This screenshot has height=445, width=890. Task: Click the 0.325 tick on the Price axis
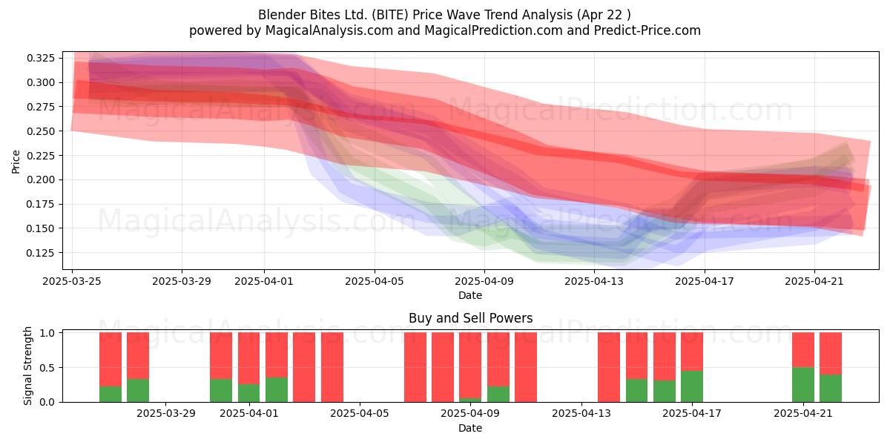40,58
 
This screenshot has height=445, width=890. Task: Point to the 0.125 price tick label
40,253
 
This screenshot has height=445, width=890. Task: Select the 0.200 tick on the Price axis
40,179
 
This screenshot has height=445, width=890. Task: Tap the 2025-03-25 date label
72,281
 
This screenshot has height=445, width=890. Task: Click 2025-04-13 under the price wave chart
594,281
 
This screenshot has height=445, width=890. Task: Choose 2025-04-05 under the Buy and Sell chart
360,413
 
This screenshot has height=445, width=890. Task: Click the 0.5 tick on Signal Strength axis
47,368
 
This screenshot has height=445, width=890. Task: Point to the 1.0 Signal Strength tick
47,333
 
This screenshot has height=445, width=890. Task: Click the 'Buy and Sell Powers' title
470,318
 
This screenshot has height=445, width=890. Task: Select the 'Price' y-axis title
16,162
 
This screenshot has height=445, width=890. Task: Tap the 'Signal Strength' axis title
27,366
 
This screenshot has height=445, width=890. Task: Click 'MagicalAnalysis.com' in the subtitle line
329,30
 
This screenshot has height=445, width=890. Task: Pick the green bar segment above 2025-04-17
692,386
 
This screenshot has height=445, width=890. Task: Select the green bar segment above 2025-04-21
803,385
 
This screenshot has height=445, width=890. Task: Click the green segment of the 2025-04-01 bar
248,393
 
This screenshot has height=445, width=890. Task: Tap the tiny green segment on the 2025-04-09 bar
470,400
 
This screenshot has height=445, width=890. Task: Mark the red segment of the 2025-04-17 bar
692,352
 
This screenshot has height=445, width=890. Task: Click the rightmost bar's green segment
831,388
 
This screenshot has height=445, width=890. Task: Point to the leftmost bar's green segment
111,394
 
